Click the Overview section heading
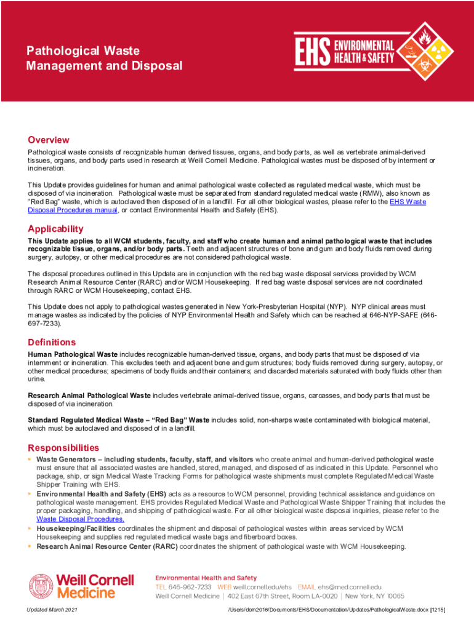49,140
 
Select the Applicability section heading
55,229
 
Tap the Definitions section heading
52,342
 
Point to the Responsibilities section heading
63,448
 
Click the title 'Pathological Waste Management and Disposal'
104,58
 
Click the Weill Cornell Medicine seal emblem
41,586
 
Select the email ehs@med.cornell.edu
350,587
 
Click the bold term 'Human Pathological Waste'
73,355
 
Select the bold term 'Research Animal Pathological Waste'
89,395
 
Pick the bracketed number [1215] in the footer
437,609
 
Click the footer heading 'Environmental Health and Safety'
206,578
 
